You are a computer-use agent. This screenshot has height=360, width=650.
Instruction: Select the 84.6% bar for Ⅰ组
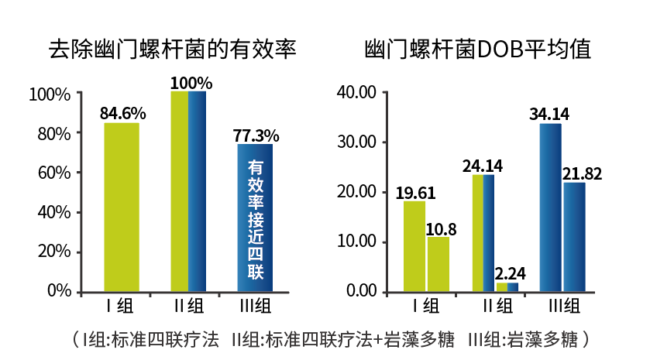coord(122,207)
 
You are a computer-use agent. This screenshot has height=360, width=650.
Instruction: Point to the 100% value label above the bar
coord(191,82)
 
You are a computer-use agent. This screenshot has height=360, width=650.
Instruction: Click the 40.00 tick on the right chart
coord(357,93)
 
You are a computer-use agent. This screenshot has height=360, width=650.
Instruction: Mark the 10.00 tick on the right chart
coord(357,242)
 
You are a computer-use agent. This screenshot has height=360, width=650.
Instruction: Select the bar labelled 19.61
coord(414,245)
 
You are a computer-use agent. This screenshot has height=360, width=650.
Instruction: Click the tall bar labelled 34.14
coord(550,207)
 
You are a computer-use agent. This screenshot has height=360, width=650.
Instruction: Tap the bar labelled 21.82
coord(574,236)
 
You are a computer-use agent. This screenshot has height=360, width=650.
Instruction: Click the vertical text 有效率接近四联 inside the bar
coord(255,219)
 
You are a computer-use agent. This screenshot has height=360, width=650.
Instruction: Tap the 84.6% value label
coord(122,114)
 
